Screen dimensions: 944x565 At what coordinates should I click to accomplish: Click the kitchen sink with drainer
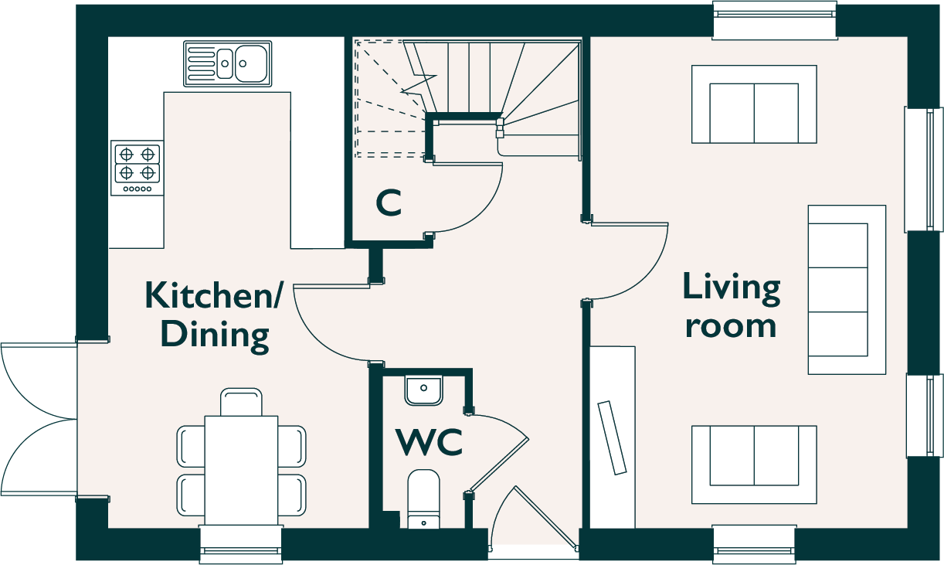(x=228, y=63)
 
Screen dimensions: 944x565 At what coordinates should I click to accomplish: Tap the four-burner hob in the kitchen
(x=138, y=168)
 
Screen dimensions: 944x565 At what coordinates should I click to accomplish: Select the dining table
(x=241, y=471)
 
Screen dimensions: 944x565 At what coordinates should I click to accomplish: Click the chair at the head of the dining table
(x=241, y=402)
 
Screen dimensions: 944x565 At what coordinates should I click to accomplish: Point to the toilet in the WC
(x=423, y=499)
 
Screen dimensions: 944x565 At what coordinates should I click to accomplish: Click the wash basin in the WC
(x=423, y=390)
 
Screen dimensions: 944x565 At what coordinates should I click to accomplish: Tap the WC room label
(x=429, y=442)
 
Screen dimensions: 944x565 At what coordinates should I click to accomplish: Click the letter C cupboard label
(x=389, y=203)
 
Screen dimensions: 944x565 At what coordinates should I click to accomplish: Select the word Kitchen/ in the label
(x=212, y=294)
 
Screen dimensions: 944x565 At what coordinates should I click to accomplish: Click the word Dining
(x=215, y=336)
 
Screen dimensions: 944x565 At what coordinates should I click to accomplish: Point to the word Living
(x=732, y=289)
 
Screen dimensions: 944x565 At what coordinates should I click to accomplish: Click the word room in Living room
(x=731, y=326)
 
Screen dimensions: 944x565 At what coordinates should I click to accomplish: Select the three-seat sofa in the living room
(x=847, y=290)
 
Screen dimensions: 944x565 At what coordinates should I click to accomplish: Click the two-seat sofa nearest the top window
(x=754, y=104)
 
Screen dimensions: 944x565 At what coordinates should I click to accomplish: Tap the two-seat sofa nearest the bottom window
(x=754, y=465)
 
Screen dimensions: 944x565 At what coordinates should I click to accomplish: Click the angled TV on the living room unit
(x=612, y=437)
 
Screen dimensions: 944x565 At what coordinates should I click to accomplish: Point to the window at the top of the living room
(x=774, y=21)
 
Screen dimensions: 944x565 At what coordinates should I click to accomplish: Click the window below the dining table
(x=241, y=545)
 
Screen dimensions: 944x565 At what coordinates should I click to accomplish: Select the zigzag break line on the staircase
(x=419, y=84)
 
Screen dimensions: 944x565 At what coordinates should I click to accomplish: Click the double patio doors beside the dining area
(x=39, y=419)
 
